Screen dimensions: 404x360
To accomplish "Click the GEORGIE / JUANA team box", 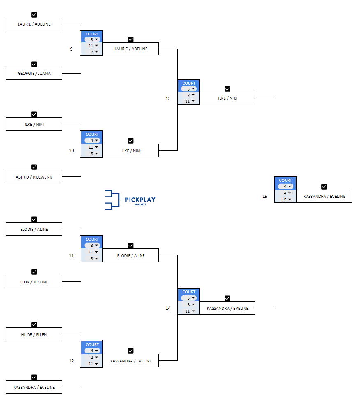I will coord(34,74).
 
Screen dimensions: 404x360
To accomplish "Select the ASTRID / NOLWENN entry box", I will coord(34,177).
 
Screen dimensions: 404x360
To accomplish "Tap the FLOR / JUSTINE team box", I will coord(34,282).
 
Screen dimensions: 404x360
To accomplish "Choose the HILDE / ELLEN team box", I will coord(34,334).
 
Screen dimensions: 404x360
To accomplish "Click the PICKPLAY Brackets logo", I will coord(130,200).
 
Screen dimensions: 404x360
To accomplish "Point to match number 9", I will coord(71,49).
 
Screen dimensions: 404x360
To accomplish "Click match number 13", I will coord(168,98).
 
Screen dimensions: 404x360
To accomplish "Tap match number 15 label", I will coord(265,196).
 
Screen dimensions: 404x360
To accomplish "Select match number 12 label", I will coord(71,361).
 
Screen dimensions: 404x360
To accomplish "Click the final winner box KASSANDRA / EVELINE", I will coord(324,196).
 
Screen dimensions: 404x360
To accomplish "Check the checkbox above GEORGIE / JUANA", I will coord(34,64).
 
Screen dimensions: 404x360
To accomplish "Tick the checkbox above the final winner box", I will coord(324,187).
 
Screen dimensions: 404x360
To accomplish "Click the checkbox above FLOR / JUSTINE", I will coord(34,272).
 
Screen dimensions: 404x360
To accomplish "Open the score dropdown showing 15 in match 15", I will coord(285,200).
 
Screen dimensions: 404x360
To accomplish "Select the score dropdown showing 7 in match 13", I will coord(189,95).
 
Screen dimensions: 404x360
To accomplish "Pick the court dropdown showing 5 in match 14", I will coord(189,298).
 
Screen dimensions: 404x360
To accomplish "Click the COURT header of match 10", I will coord(92,134).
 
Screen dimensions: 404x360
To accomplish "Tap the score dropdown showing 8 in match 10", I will coord(92,153).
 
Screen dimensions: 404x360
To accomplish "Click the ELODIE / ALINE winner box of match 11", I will coord(131,255).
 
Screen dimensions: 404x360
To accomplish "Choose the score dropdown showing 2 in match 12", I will coord(92,357).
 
